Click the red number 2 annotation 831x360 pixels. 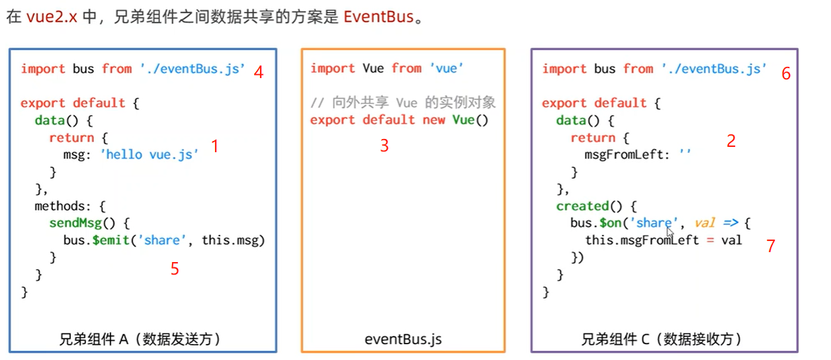click(730, 140)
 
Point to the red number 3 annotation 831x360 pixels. click(384, 146)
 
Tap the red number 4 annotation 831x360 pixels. click(259, 72)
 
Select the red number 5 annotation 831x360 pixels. click(175, 268)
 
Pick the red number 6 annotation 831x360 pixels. click(785, 73)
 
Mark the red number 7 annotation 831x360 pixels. click(770, 246)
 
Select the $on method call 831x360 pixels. click(610, 223)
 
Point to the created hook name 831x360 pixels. click(582, 206)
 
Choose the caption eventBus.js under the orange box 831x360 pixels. click(403, 339)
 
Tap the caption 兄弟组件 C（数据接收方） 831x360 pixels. click(662, 339)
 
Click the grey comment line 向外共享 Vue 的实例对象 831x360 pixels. click(403, 103)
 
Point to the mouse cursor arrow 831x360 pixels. click(670, 232)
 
